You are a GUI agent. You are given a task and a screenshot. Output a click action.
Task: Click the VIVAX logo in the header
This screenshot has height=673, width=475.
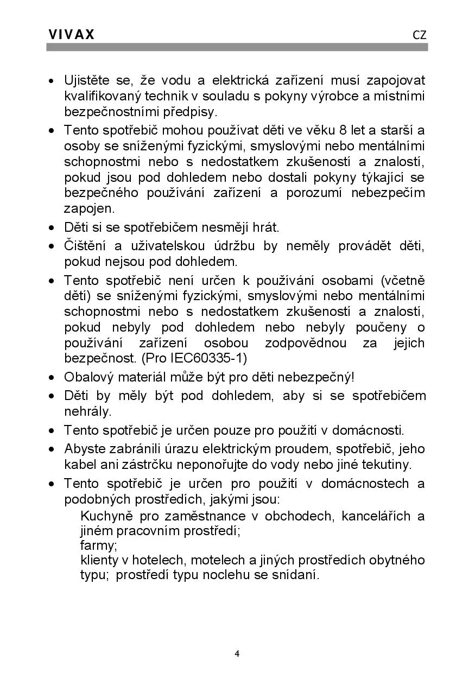click(72, 35)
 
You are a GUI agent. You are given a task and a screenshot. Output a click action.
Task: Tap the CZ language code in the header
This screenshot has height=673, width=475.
click(419, 35)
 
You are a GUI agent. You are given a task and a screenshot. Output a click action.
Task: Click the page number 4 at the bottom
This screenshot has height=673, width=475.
click(237, 653)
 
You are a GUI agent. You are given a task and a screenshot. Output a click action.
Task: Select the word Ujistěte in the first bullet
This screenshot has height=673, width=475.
click(87, 81)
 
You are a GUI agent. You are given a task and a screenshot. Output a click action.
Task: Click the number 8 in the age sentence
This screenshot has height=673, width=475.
click(341, 130)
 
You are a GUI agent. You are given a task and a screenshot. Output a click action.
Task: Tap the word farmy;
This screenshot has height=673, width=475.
click(98, 545)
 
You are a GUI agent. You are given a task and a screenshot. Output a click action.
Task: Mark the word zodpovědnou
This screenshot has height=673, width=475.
click(305, 344)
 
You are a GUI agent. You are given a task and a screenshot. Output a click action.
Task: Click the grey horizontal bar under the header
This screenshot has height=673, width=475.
click(237, 47)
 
